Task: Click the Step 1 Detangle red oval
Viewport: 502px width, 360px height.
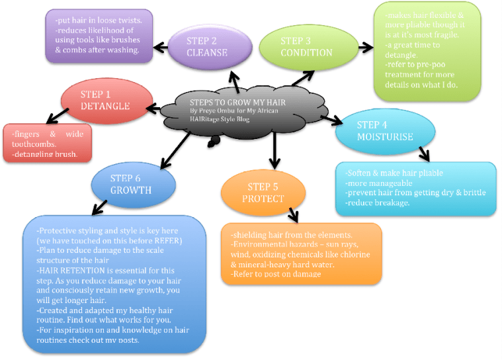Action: pyautogui.click(x=103, y=101)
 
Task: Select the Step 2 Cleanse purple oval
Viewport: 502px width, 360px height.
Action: pyautogui.click(x=210, y=46)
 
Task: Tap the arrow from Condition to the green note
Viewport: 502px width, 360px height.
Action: pyautogui.click(x=365, y=47)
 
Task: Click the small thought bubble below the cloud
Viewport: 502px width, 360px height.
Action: pyautogui.click(x=213, y=141)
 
